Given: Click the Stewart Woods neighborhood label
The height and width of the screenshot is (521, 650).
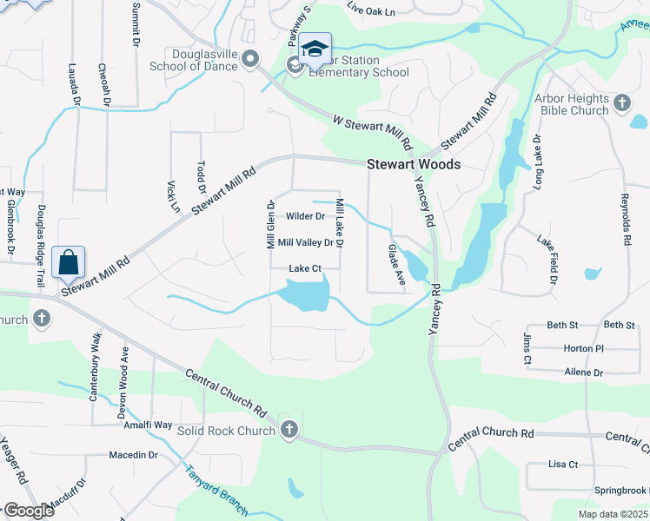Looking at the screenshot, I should coord(414,164).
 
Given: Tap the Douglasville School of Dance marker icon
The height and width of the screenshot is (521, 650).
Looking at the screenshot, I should coord(251,59).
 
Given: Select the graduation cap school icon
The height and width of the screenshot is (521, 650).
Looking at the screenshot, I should coord(316,47).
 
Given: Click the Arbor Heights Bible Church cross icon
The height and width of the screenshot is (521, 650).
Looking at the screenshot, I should coord(621,104).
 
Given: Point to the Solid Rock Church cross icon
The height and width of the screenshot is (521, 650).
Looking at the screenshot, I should coord(289,430).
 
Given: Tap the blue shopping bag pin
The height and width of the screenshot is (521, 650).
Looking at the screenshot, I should coord(69,261).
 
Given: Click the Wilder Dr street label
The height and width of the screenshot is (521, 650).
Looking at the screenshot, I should coord(305,216).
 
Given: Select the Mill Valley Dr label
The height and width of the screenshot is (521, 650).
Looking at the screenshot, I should coord(305,243).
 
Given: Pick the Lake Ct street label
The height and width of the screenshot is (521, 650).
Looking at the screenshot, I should coord(305,269).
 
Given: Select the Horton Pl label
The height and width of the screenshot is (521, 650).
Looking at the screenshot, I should coord(583,348).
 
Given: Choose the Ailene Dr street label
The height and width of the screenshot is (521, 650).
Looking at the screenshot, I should coord(583,373).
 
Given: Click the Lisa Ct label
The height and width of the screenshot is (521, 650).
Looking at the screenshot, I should coord(563,465).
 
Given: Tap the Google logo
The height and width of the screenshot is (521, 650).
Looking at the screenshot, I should coord(29,511).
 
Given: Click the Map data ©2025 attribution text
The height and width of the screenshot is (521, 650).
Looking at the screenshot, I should coord(613,514).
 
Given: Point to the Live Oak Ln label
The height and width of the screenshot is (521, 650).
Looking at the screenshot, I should coord(370,11).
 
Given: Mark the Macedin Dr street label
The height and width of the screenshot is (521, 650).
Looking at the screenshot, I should coord(133,454).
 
